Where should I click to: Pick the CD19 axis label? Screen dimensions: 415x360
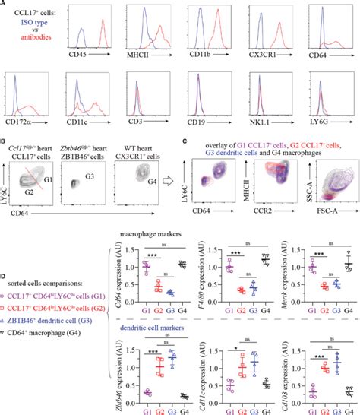click(x=205, y=119)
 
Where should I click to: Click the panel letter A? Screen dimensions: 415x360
click(x=5, y=5)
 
